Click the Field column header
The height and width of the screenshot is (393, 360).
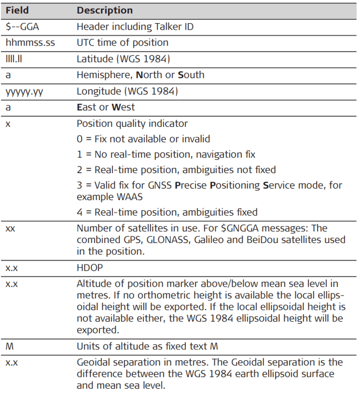[x=17, y=10]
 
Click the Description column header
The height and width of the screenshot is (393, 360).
[x=105, y=10]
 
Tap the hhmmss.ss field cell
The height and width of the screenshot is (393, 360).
[x=26, y=42]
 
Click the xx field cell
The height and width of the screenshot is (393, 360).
[x=10, y=228]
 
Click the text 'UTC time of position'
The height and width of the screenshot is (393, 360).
[x=123, y=42]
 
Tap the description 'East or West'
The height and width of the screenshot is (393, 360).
[x=106, y=107]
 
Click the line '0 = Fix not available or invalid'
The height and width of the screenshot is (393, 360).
[x=143, y=139]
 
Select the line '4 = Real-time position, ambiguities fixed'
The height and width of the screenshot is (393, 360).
[x=167, y=212]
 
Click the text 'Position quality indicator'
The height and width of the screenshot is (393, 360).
[x=132, y=123]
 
